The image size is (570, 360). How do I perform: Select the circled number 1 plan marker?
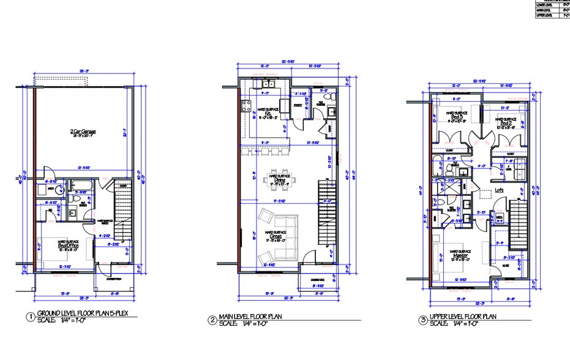(29, 318)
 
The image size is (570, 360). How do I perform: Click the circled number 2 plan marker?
(212, 319)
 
